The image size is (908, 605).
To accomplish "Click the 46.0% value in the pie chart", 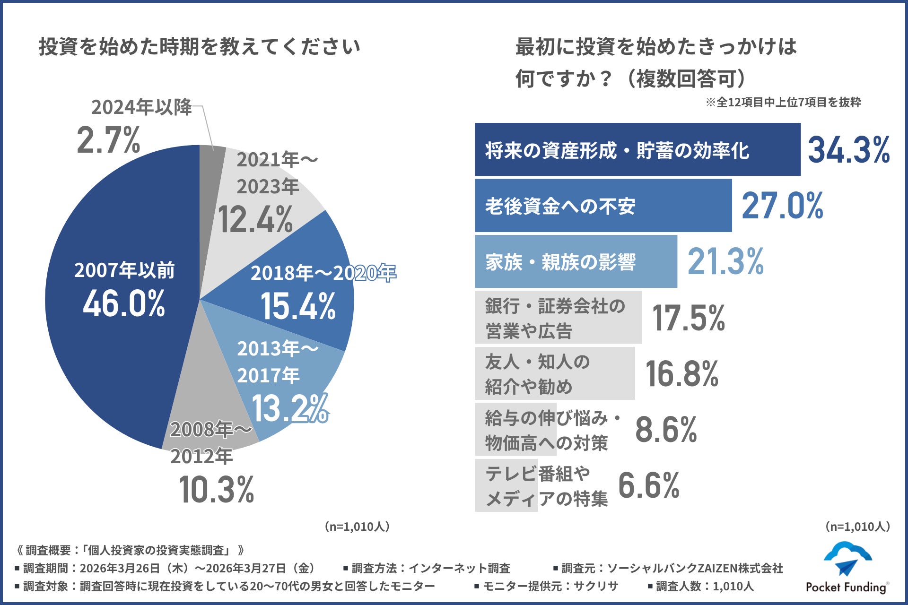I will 124,303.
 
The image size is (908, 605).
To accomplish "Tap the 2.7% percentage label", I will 108,140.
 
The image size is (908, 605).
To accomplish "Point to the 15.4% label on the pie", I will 298,306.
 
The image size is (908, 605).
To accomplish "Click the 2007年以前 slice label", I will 124,270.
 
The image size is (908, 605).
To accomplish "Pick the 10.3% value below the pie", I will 217,490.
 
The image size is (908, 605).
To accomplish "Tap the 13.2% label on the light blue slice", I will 289,408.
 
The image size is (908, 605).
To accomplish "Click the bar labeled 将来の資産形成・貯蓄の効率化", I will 637,150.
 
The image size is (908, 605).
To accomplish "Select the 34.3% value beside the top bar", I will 848,150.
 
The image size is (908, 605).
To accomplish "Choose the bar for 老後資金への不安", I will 603,206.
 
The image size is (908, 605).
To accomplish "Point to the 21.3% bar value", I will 725,261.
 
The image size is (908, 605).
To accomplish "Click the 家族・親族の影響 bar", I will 576,261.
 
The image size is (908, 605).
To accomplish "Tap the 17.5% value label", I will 688,318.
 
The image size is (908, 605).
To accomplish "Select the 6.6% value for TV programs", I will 648,485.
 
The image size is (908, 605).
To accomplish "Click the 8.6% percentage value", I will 665,430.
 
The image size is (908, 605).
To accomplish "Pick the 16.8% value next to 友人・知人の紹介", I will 681,373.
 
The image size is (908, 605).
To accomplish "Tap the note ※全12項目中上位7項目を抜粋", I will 783,102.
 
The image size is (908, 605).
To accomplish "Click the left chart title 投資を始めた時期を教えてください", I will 199,47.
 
